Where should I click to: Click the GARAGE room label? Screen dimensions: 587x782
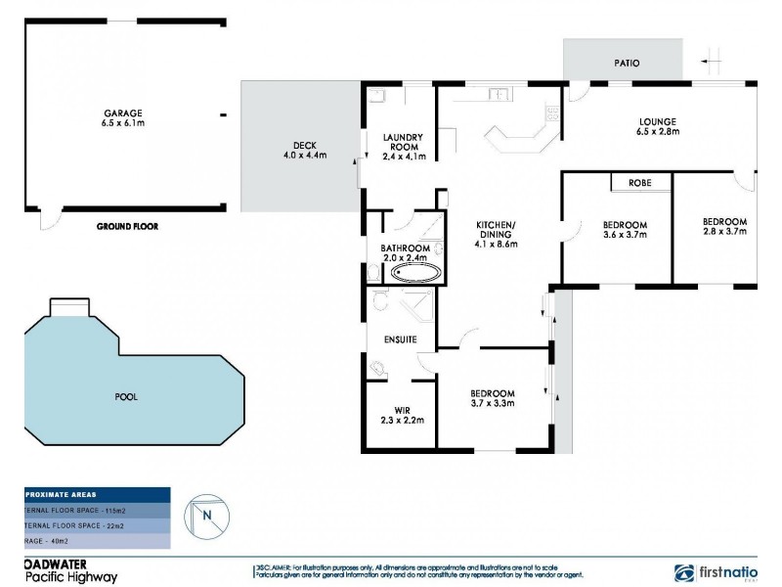[x=124, y=118]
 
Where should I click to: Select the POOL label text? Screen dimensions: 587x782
[x=125, y=396]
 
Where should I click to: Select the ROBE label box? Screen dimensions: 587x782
[x=640, y=183]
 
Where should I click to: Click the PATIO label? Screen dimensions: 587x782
[x=627, y=63]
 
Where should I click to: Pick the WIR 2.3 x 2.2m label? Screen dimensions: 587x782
[x=402, y=415]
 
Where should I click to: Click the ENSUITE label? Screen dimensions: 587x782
[x=401, y=339]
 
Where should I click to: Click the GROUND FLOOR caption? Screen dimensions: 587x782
[x=127, y=226]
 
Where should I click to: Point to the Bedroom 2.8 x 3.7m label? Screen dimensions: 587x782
[x=724, y=226]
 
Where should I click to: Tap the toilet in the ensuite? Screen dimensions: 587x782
[x=379, y=368]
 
